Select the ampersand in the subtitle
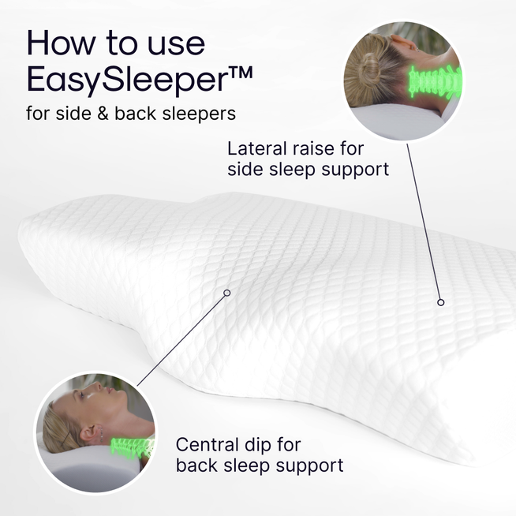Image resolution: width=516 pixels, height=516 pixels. coord(100,114)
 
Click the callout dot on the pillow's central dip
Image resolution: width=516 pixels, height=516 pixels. coord(227,293)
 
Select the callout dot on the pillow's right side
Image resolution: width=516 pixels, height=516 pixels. coord(441,302)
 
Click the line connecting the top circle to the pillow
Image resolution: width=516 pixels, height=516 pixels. coord(424,221)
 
